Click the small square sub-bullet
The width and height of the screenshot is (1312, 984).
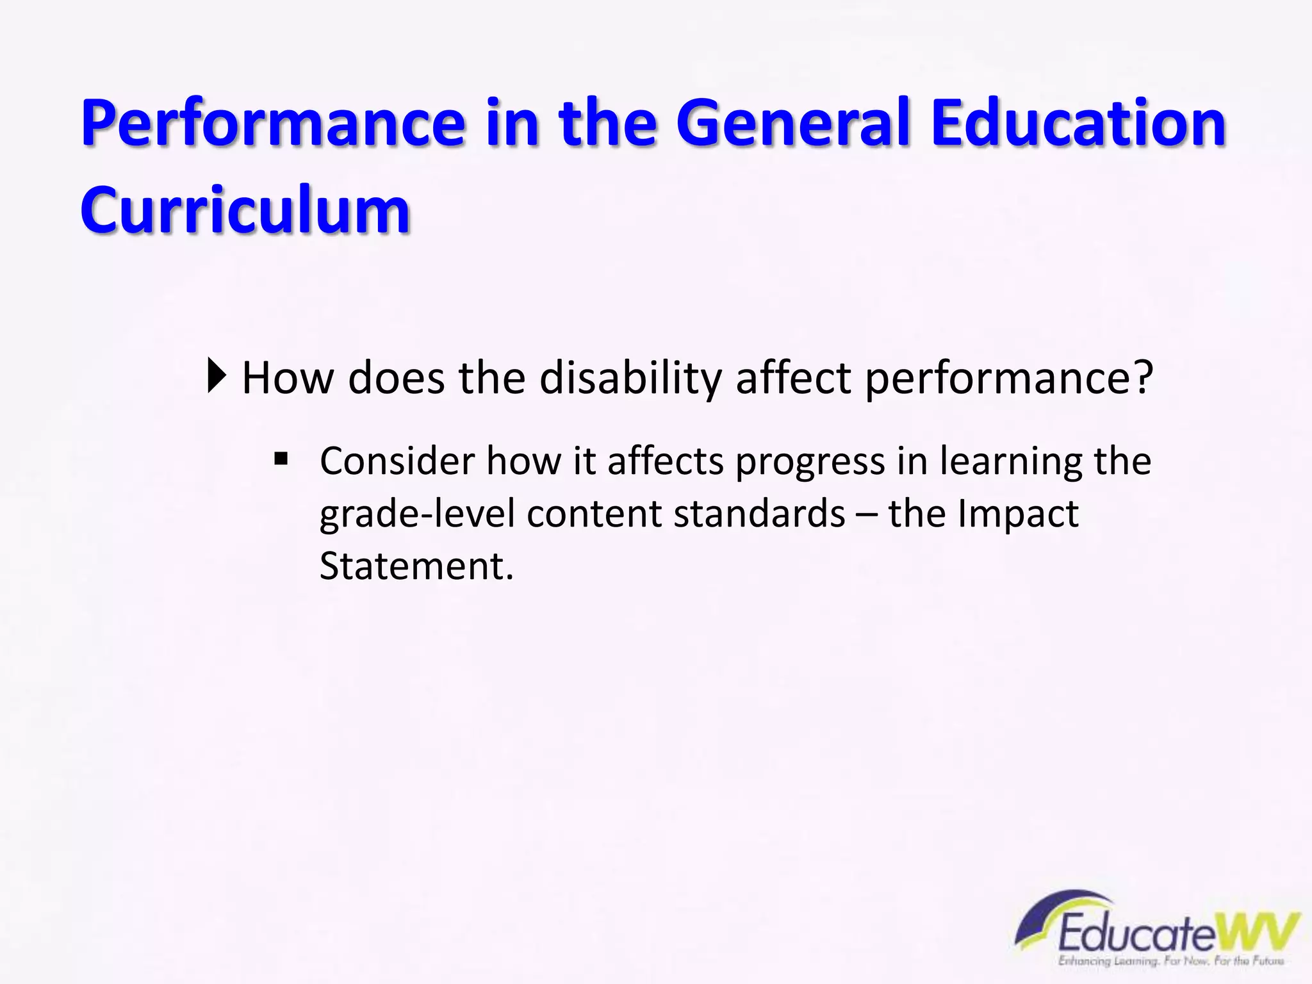[281, 459]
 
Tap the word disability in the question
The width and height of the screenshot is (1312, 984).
[630, 378]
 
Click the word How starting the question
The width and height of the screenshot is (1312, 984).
[288, 378]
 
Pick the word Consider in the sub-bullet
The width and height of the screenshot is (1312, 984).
[397, 461]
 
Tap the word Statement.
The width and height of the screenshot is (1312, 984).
[416, 567]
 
